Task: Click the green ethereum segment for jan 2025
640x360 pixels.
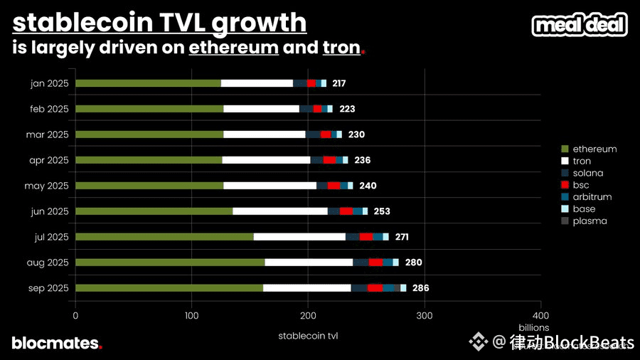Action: coord(148,83)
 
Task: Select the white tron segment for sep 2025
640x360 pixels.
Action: coord(306,287)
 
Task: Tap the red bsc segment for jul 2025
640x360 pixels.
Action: coord(366,236)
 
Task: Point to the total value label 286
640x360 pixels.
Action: coord(420,287)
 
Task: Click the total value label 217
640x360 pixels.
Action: coord(338,83)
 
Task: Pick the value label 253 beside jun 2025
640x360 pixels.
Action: coord(382,211)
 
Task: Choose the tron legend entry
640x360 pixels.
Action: coord(582,161)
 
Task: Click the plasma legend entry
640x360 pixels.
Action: coord(590,221)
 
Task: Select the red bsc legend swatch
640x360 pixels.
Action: coord(565,185)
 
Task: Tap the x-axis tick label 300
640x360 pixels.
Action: coord(425,315)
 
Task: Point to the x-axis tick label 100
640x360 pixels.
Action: coord(191,315)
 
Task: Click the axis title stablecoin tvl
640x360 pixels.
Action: coord(308,336)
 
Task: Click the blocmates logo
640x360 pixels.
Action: coord(57,343)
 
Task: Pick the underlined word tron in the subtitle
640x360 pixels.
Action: coord(341,48)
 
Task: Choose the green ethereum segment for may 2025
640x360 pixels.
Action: coord(149,186)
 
